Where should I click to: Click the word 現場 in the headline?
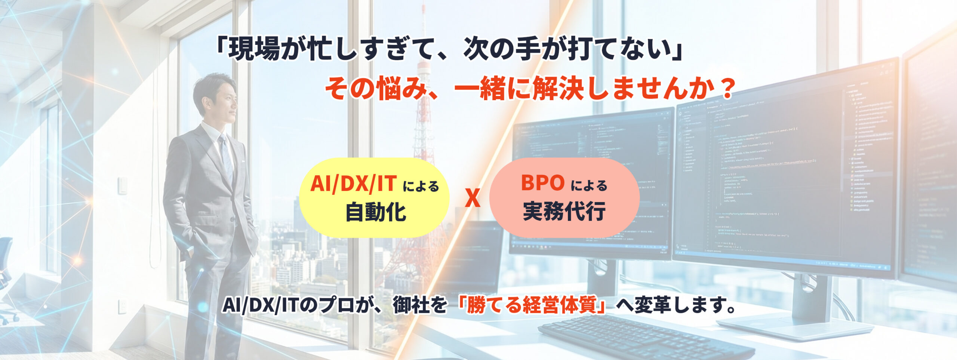[x=254, y=50]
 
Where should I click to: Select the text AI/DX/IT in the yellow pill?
[x=353, y=184]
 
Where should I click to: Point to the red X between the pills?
[x=473, y=198]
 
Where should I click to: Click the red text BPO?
[x=542, y=183]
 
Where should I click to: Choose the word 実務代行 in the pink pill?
[x=564, y=212]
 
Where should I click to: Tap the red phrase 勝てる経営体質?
[x=531, y=305]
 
